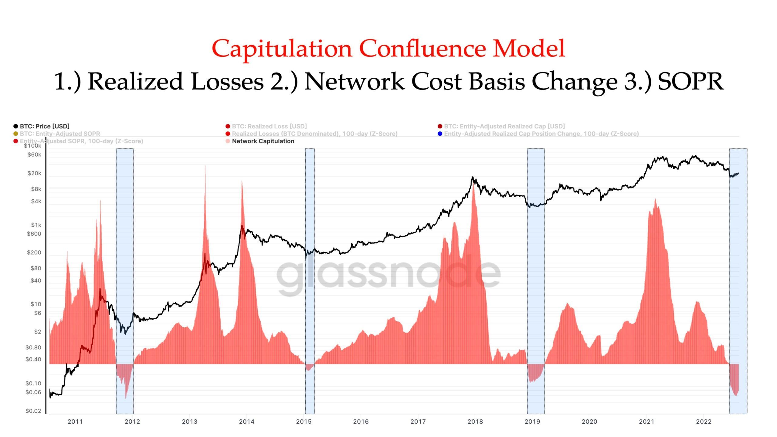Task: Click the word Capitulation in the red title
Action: tap(282, 49)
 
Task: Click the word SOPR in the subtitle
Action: tap(690, 81)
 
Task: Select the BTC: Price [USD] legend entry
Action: tap(44, 126)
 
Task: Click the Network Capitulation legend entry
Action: tap(263, 141)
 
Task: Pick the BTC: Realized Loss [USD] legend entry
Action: tap(269, 126)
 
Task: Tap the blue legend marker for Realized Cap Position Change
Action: tap(440, 134)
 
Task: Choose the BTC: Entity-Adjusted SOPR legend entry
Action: tap(59, 134)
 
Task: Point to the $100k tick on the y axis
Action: tap(32, 146)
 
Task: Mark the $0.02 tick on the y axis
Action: tap(33, 411)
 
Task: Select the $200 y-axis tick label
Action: tap(34, 252)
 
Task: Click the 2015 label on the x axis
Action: tap(304, 422)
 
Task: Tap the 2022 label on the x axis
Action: tap(704, 422)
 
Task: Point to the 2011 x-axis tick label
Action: tap(75, 422)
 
